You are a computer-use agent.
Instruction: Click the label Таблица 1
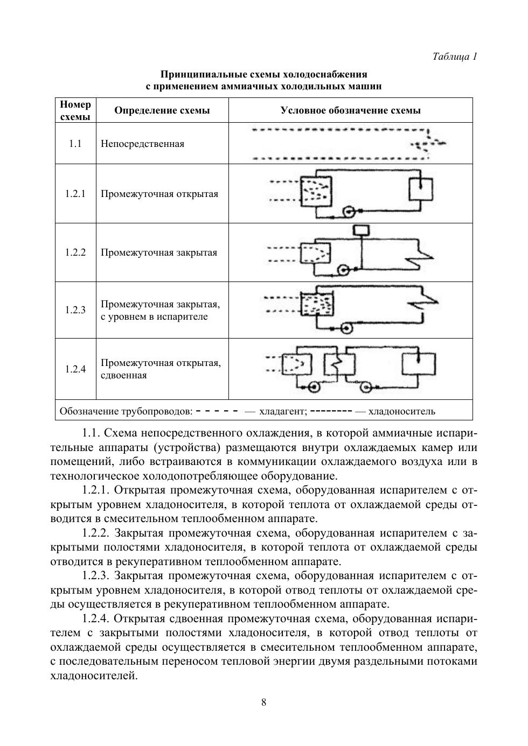(455, 57)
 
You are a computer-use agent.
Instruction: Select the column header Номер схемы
(75, 110)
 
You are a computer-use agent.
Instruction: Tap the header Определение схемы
(162, 110)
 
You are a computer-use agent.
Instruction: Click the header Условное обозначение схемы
(350, 110)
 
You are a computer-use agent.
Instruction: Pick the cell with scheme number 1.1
(75, 144)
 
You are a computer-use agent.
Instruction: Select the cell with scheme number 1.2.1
(75, 194)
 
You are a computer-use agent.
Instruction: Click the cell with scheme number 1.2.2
(75, 252)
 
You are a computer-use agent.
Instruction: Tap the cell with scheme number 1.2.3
(75, 310)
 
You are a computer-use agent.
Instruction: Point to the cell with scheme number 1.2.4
(75, 369)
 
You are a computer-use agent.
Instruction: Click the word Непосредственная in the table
(142, 144)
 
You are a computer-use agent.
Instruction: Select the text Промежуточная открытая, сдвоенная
(161, 369)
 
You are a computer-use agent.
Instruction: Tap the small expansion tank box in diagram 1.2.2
(362, 230)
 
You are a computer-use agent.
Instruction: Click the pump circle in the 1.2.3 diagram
(347, 327)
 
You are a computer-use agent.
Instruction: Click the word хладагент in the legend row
(283, 412)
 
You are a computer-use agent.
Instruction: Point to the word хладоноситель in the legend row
(401, 412)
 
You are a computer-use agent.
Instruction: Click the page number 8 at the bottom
(264, 702)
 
